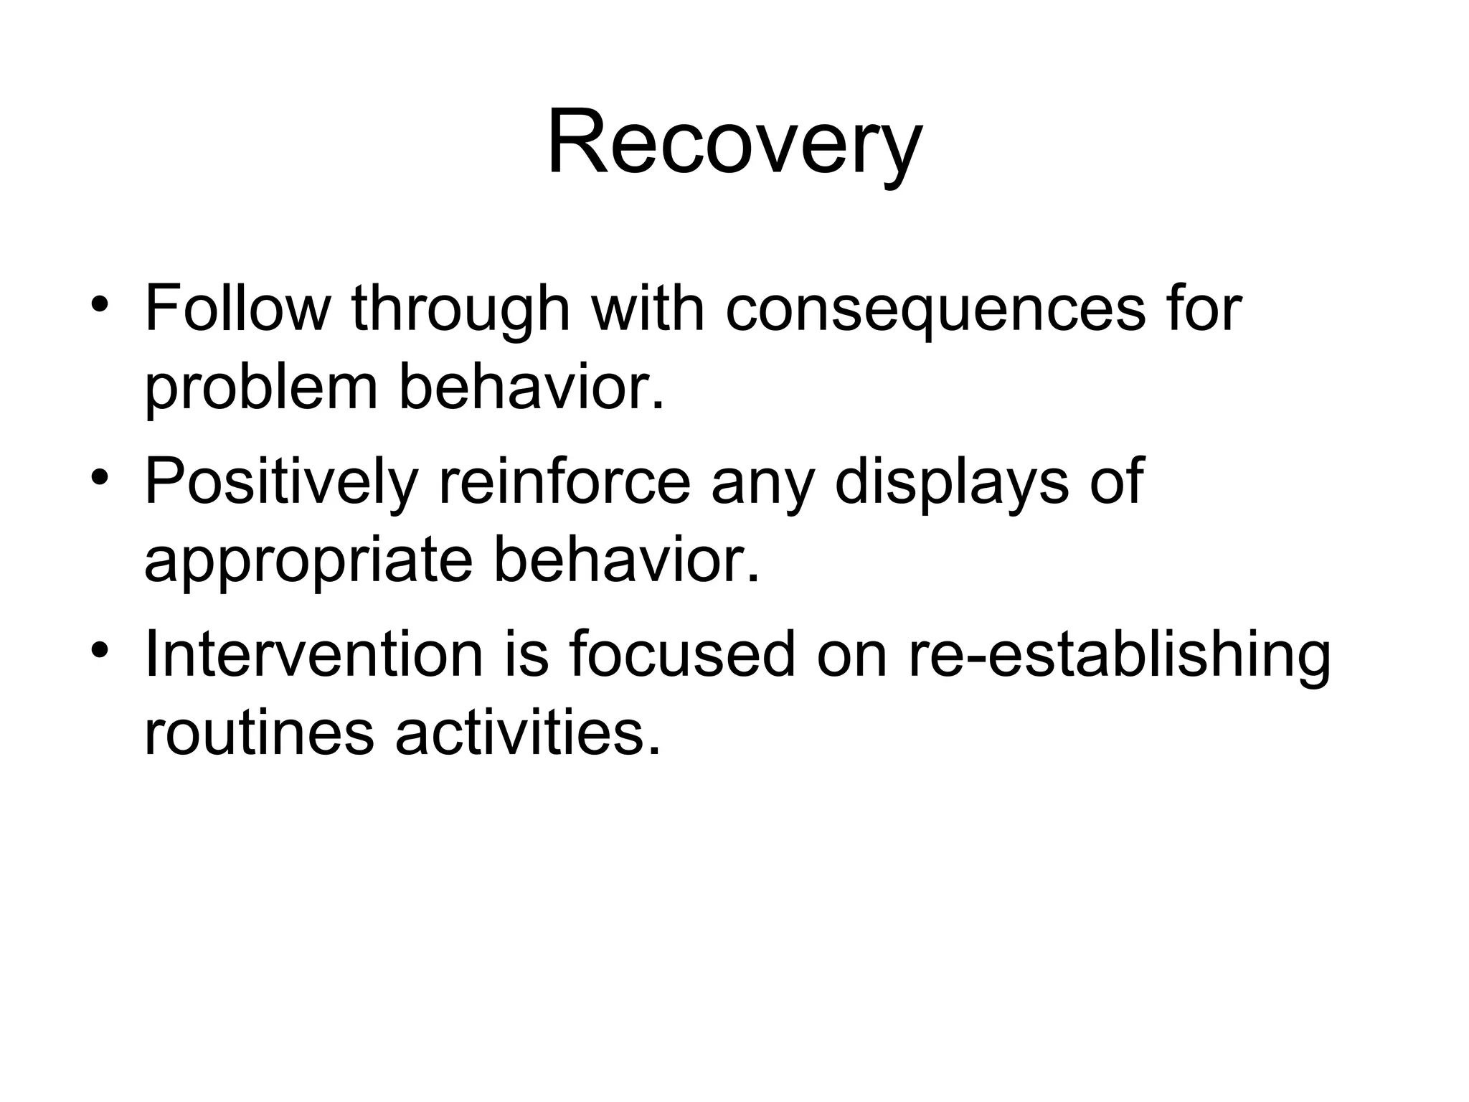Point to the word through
coord(460,310)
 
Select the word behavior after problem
coord(531,388)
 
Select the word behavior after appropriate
coord(626,560)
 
